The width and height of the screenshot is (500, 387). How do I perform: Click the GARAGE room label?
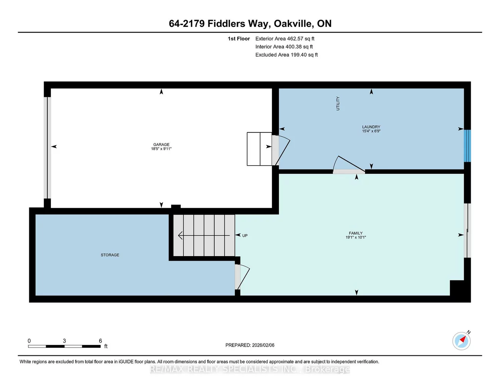pyautogui.click(x=161, y=144)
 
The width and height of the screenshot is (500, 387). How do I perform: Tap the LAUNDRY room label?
pyautogui.click(x=371, y=127)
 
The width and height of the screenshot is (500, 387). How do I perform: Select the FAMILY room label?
pyautogui.click(x=355, y=233)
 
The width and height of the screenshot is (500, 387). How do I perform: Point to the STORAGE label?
pyautogui.click(x=110, y=255)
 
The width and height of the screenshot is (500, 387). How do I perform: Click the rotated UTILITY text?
pyautogui.click(x=338, y=103)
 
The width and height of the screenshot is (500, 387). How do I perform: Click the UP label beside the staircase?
pyautogui.click(x=245, y=236)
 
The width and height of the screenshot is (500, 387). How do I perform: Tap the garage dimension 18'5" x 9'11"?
pyautogui.click(x=161, y=149)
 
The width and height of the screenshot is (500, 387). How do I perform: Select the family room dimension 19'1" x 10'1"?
pyautogui.click(x=355, y=238)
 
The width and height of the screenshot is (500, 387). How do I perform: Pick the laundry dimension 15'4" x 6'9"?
pyautogui.click(x=371, y=131)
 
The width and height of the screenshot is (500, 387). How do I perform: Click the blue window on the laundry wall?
pyautogui.click(x=467, y=146)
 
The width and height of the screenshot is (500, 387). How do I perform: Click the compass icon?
pyautogui.click(x=461, y=341)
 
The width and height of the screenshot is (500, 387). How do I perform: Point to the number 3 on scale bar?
pyautogui.click(x=64, y=341)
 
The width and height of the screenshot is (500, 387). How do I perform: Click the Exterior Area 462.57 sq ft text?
pyautogui.click(x=285, y=39)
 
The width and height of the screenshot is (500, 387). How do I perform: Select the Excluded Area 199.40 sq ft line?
pyautogui.click(x=287, y=55)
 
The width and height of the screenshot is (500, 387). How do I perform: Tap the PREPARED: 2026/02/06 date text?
pyautogui.click(x=250, y=345)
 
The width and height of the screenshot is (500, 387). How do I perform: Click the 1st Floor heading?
pyautogui.click(x=238, y=39)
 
